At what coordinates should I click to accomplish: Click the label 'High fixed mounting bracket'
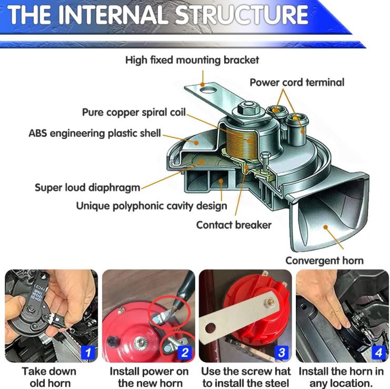point(192,60)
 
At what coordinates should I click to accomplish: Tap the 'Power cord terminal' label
point(297,82)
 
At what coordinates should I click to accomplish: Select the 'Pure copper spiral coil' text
point(134,113)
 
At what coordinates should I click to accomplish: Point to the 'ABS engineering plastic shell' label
point(95,133)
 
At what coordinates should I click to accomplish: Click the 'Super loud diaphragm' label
point(87,187)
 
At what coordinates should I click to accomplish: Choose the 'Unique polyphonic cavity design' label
point(152,206)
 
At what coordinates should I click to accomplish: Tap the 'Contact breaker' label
point(234,225)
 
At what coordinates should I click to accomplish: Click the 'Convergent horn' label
point(324,261)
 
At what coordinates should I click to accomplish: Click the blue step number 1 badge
point(89,353)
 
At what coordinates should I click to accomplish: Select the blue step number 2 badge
point(184,353)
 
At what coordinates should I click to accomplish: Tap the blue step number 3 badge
point(282,353)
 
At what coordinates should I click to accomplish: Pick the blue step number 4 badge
point(378,353)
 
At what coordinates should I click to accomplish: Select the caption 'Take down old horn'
point(50,377)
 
